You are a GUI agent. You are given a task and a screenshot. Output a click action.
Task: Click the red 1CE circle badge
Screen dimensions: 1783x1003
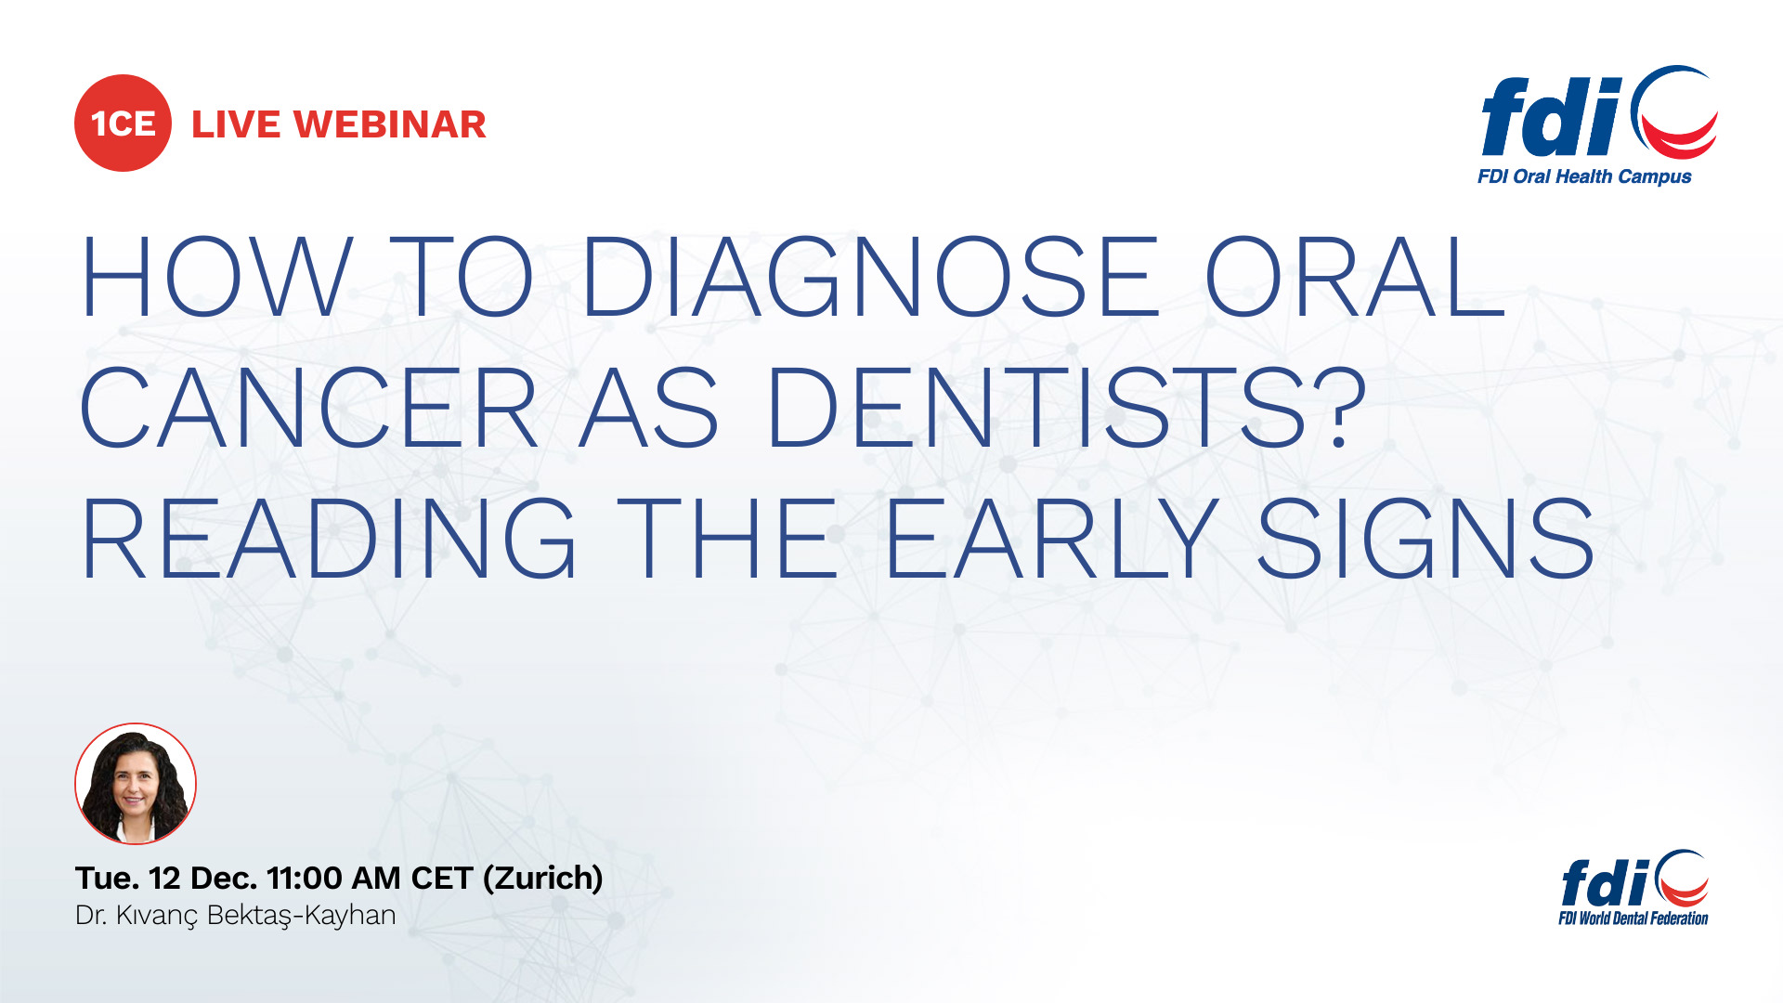pyautogui.click(x=123, y=124)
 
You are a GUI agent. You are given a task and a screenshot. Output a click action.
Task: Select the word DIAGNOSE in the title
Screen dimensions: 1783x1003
pyautogui.click(x=870, y=277)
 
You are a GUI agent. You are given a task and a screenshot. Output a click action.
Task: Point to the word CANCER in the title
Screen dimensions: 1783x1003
pyautogui.click(x=309, y=407)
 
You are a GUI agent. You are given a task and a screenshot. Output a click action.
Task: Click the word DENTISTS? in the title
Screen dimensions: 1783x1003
pyautogui.click(x=1065, y=407)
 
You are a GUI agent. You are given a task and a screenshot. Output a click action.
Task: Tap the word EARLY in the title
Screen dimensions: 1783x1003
pyautogui.click(x=1052, y=538)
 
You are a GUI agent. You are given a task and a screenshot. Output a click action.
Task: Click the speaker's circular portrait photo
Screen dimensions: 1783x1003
pyautogui.click(x=136, y=783)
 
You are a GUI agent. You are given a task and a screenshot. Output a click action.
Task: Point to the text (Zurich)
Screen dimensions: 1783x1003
pyautogui.click(x=543, y=879)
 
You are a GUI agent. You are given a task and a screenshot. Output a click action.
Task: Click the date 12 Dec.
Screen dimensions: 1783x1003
pyautogui.click(x=202, y=878)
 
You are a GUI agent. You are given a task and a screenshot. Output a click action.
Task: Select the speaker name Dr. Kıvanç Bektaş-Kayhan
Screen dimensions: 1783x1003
pyautogui.click(x=236, y=916)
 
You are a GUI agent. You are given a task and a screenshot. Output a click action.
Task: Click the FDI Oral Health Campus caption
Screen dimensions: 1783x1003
pyautogui.click(x=1584, y=176)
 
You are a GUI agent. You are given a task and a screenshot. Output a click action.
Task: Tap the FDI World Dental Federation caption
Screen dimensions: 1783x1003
pyautogui.click(x=1633, y=918)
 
